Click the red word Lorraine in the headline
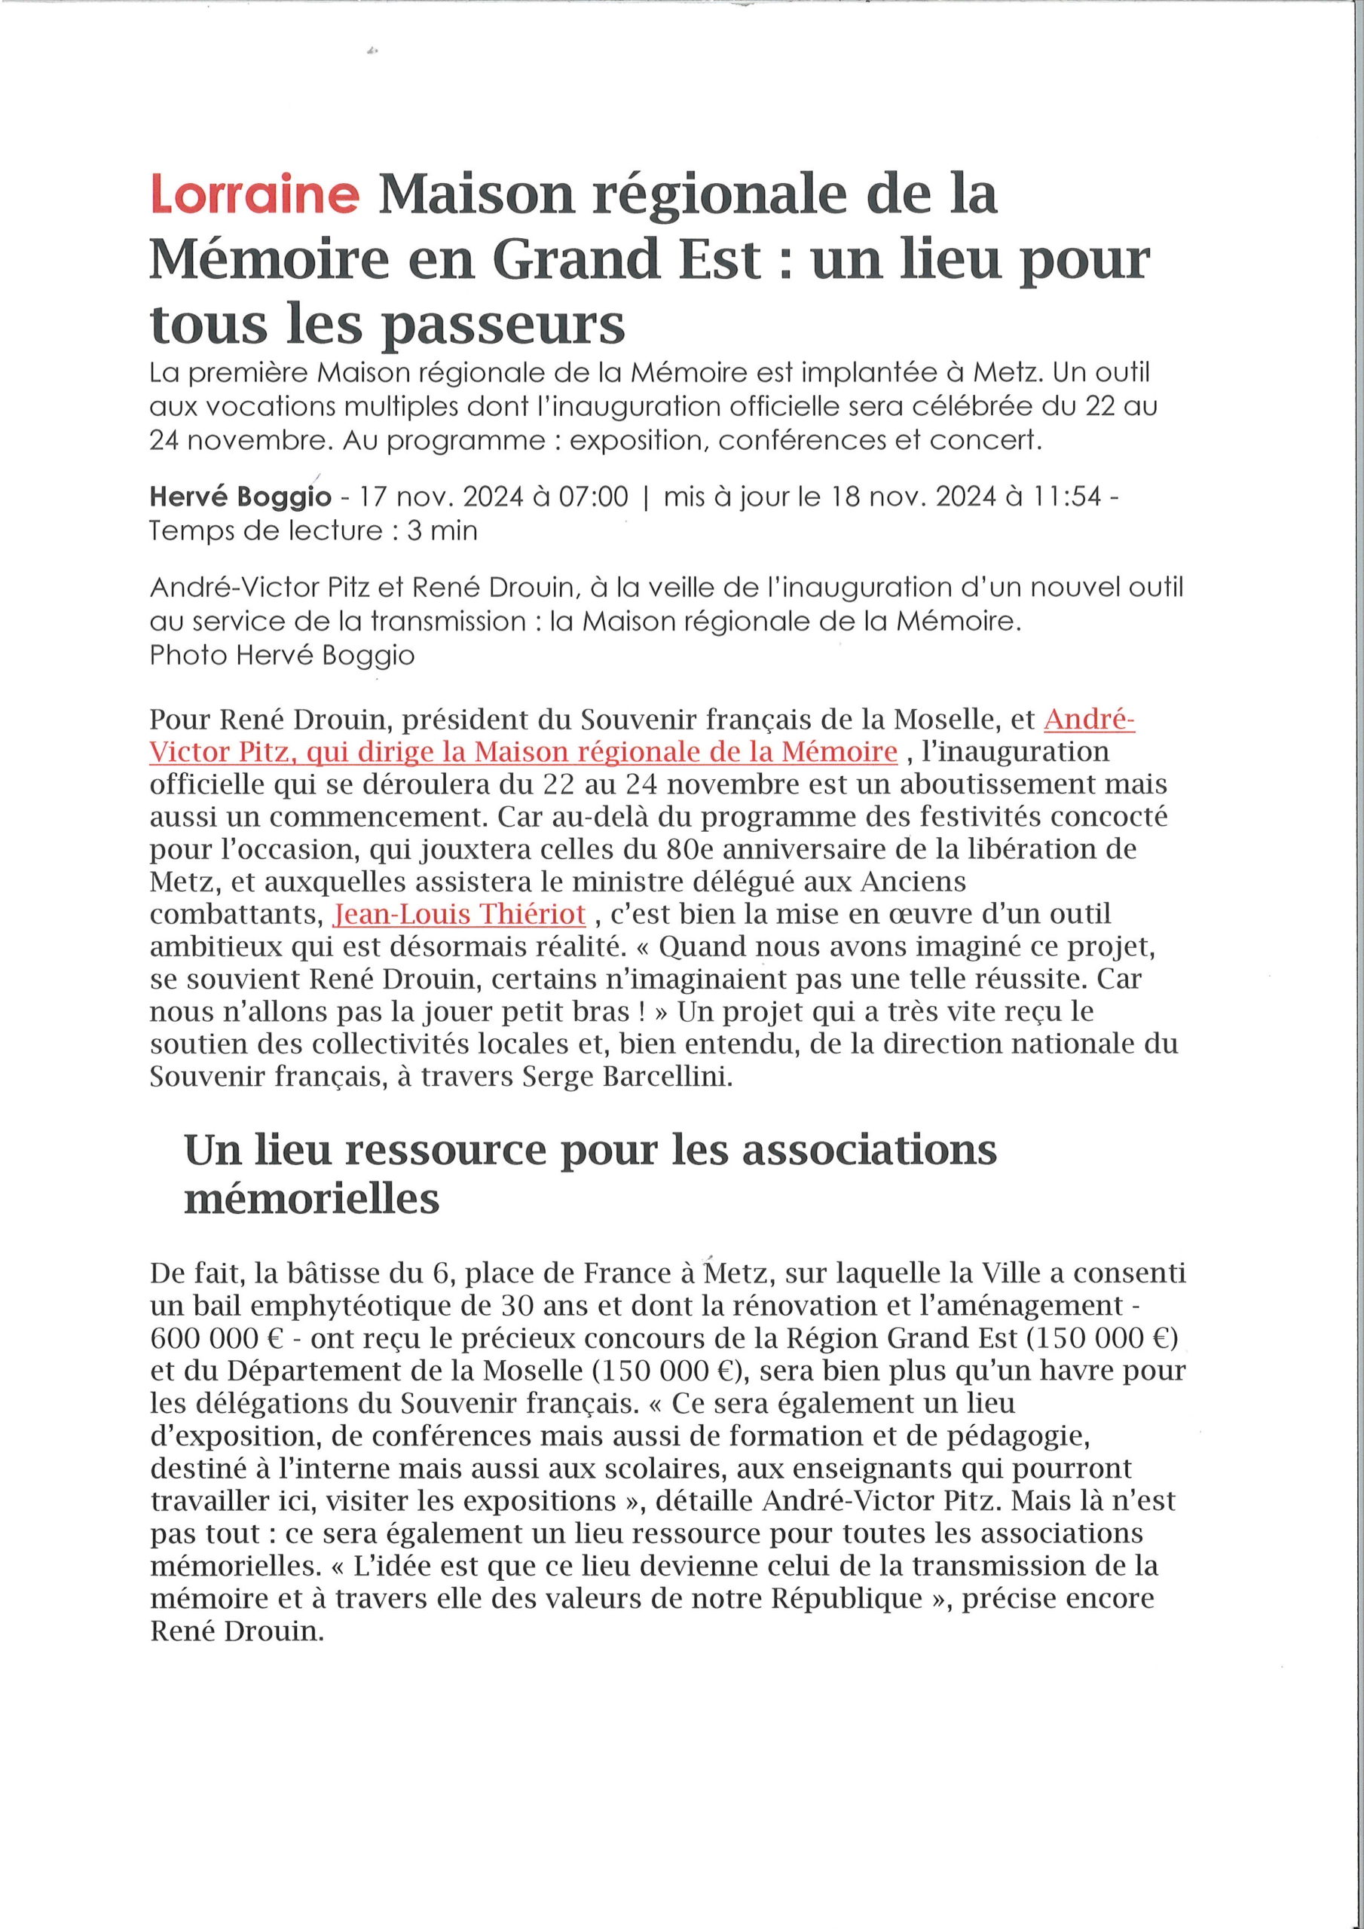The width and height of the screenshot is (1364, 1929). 255,196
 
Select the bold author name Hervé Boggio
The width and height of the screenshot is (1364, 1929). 240,497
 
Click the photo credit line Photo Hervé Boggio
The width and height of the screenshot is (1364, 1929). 283,656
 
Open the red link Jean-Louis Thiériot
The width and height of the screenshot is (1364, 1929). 459,913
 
